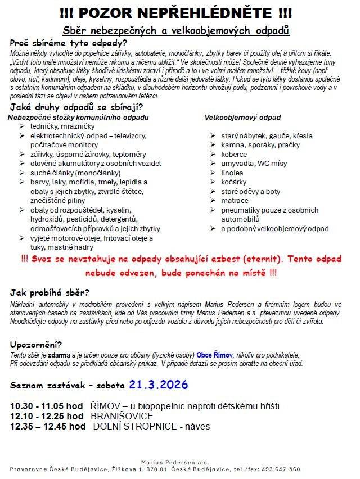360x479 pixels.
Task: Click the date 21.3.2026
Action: (158, 385)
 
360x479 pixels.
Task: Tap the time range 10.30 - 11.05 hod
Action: (47, 406)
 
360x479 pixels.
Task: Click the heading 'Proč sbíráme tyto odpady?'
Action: (69, 43)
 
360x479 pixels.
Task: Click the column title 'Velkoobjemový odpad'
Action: (243, 118)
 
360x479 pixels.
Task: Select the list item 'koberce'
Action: (234, 154)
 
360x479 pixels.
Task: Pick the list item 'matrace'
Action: (235, 201)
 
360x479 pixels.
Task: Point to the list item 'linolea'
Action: (232, 173)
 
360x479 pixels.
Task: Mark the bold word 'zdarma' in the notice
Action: (58, 355)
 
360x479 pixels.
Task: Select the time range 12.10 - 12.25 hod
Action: (47, 416)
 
